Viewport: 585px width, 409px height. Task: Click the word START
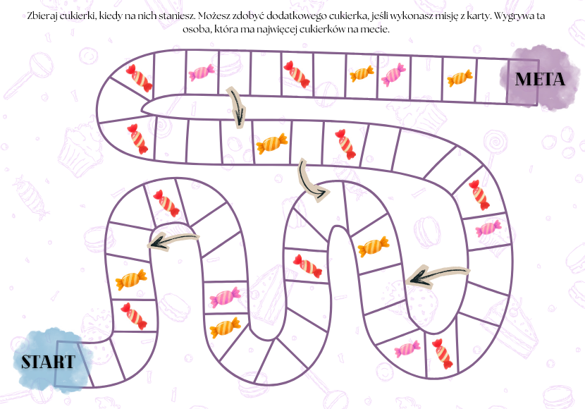(x=48, y=362)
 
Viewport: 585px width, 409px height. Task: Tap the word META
(x=540, y=79)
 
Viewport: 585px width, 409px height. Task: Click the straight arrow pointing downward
(x=237, y=106)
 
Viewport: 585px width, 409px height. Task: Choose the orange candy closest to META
(x=460, y=78)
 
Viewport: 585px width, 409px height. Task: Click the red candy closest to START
(x=133, y=316)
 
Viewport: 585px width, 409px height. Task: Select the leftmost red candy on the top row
(x=140, y=78)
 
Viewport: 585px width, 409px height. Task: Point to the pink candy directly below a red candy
(x=488, y=228)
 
